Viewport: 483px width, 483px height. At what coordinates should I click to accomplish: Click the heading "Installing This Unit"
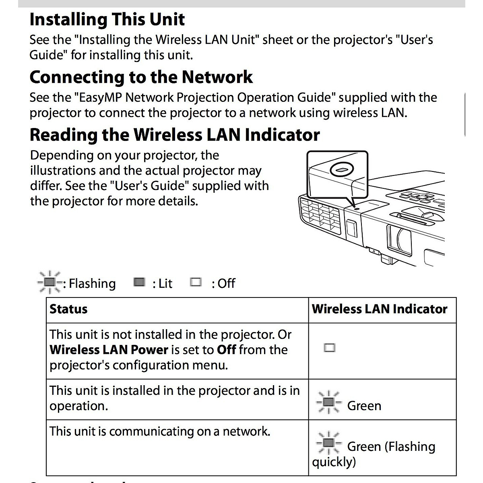[107, 19]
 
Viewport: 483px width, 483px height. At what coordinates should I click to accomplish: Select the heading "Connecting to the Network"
[141, 77]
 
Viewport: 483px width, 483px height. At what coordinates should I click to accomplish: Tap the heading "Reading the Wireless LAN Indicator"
[175, 135]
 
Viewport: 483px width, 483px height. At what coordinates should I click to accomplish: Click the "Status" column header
[68, 309]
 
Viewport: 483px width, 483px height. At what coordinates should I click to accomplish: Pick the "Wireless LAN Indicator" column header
[379, 309]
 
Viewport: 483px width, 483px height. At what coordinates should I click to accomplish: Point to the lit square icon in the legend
[139, 282]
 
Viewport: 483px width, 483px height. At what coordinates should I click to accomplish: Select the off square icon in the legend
[196, 282]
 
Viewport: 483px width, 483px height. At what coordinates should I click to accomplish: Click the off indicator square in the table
[329, 348]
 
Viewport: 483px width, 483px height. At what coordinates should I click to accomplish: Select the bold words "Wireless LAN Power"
[109, 349]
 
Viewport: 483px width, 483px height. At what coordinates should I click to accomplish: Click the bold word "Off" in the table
[226, 349]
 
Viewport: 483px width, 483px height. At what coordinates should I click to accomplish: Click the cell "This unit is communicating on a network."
[160, 431]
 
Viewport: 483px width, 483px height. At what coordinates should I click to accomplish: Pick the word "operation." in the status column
[78, 406]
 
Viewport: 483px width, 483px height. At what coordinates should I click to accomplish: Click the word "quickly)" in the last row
[334, 462]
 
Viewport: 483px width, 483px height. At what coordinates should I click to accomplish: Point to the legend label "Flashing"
[92, 283]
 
